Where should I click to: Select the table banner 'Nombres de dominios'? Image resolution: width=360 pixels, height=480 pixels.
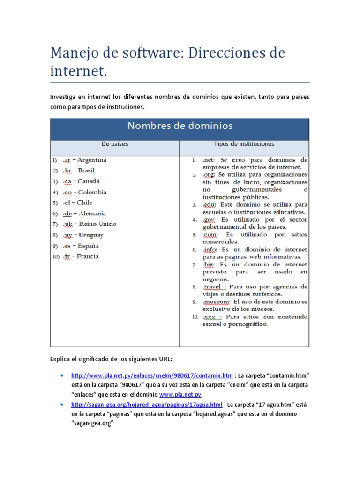pos(180,126)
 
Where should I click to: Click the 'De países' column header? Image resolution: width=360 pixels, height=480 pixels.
pos(115,144)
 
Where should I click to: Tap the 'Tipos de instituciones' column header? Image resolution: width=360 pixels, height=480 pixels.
pos(244,144)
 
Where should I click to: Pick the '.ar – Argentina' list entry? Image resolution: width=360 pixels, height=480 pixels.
pos(84,160)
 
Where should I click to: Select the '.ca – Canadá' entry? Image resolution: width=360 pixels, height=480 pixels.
pos(81,181)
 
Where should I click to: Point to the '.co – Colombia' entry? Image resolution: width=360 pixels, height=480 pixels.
pos(84,192)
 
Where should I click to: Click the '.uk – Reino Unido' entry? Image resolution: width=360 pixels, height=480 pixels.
pos(89,224)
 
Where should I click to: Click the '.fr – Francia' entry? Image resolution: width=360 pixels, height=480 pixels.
pos(80,256)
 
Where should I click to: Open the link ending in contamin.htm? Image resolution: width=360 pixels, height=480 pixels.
pos(152,375)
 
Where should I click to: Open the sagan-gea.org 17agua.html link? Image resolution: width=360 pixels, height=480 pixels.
pos(147,404)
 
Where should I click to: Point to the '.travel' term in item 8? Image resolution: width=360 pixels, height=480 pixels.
pos(214,286)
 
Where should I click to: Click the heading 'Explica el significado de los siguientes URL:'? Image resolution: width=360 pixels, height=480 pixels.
pos(111,359)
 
